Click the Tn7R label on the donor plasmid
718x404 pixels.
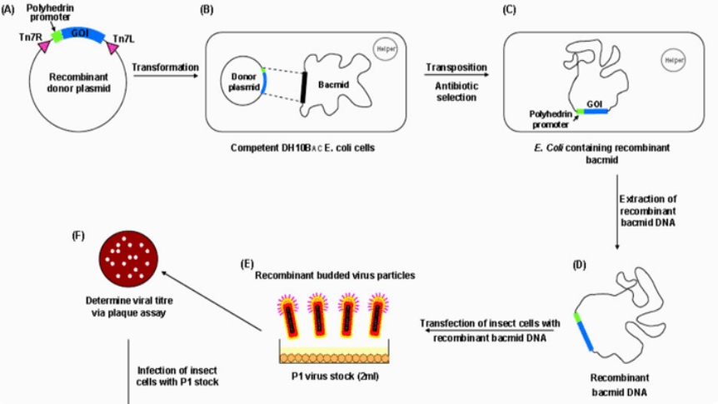(27, 37)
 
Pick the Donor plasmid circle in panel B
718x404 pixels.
(241, 82)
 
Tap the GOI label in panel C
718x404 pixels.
(595, 103)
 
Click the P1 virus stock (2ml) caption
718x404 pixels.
(338, 376)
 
